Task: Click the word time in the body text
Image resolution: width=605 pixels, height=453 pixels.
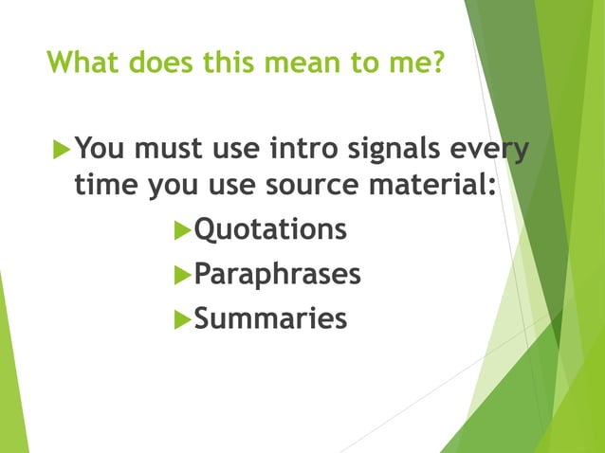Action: (106, 185)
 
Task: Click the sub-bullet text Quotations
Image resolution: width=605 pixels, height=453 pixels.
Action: (269, 230)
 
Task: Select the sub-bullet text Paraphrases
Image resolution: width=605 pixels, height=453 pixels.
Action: (277, 275)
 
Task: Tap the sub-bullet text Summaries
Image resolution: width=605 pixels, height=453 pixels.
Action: (270, 319)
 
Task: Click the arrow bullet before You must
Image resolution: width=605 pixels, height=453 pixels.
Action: (61, 150)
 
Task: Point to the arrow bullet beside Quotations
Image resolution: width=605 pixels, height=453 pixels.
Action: (182, 231)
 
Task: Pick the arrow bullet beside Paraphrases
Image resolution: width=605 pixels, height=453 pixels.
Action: (182, 276)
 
